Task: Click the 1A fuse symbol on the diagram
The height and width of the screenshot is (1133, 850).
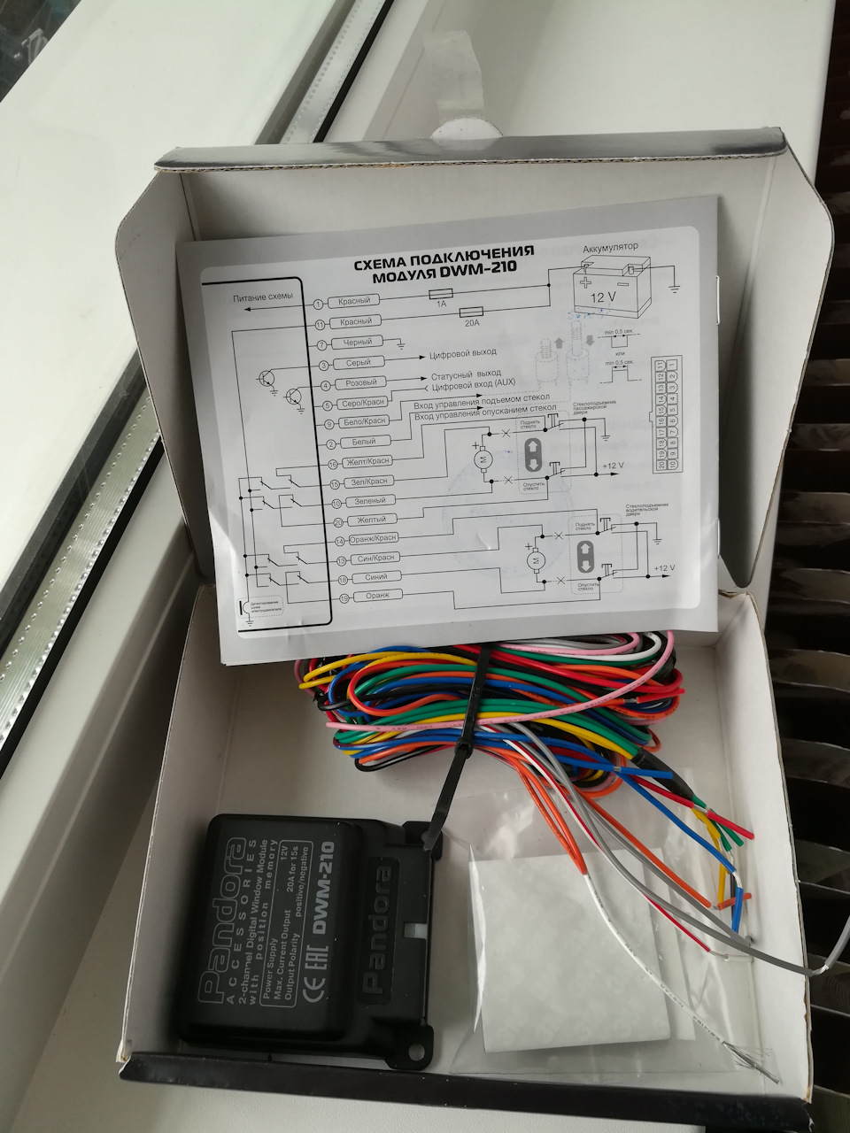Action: pyautogui.click(x=440, y=295)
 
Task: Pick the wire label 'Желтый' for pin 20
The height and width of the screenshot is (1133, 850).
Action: pyautogui.click(x=363, y=520)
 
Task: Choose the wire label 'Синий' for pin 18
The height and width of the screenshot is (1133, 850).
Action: pyautogui.click(x=363, y=577)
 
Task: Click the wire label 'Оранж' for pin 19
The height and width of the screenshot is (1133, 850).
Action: pyautogui.click(x=365, y=597)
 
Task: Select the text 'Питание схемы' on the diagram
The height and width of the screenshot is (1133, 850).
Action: pyautogui.click(x=257, y=299)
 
